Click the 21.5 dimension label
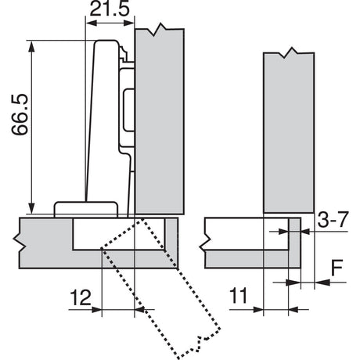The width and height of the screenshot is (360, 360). (110, 9)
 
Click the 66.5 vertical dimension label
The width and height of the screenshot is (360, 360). (20, 114)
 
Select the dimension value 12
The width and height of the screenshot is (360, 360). (81, 297)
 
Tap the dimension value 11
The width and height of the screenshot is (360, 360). (238, 296)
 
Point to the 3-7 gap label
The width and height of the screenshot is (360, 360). (333, 220)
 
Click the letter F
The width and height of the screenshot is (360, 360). (337, 268)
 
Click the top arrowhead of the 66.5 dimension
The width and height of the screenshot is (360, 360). (31, 46)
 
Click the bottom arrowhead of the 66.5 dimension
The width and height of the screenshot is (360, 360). (31, 208)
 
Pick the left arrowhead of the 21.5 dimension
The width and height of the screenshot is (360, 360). (92, 23)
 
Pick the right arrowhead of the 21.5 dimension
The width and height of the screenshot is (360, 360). (128, 23)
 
